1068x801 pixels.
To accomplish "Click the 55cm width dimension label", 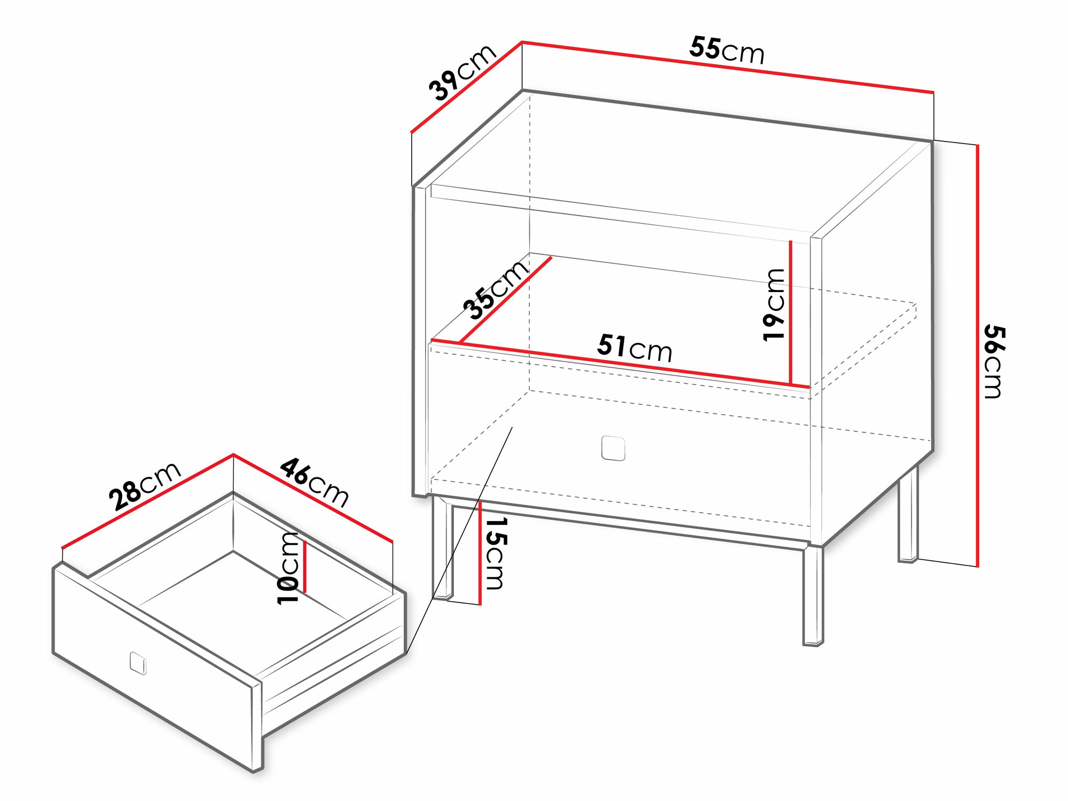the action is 727,51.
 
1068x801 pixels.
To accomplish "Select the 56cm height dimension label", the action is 994,361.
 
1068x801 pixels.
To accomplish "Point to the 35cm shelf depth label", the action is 495,289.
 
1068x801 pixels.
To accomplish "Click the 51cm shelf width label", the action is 634,348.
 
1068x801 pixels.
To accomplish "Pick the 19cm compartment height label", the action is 774,305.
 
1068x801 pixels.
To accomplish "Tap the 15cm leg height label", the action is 494,553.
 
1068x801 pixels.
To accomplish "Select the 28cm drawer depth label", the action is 145,485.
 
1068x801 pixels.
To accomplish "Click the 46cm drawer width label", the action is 315,482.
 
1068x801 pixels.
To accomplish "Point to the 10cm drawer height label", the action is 288,568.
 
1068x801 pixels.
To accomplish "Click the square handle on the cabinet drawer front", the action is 613,448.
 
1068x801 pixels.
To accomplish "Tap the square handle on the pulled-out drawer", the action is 138,663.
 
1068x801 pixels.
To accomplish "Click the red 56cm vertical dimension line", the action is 977,356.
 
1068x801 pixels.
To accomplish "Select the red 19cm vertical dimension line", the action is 790,312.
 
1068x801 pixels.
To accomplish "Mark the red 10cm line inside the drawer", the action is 304,567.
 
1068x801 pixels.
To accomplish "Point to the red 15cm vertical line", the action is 480,553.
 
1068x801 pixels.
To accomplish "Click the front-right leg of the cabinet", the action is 813,595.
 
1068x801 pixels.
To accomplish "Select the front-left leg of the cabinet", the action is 442,548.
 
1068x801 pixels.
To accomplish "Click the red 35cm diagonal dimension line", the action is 505,300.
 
